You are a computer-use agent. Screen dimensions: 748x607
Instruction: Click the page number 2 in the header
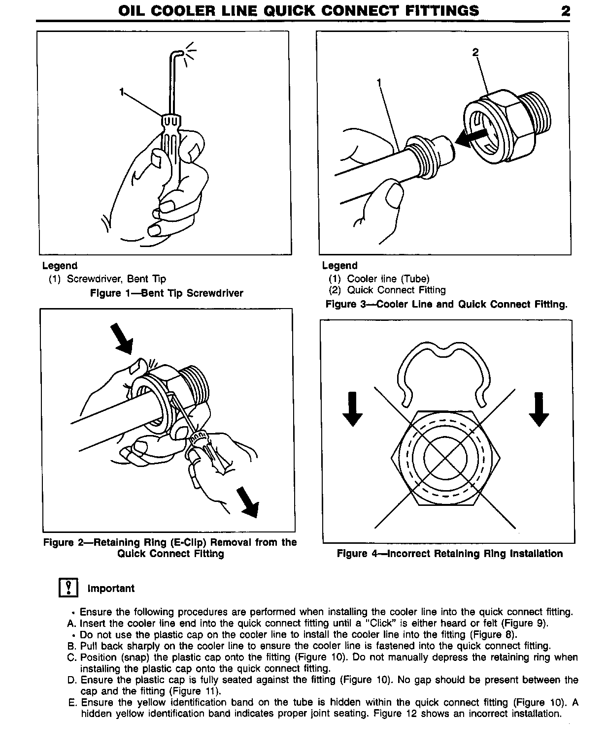[x=566, y=11]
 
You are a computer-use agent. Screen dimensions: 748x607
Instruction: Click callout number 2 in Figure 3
[x=475, y=52]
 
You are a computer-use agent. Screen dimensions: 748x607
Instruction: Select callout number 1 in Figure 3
[x=379, y=83]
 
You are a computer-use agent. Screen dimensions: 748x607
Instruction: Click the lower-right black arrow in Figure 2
[x=247, y=502]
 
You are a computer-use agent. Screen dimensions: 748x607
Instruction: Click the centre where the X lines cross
[x=445, y=459]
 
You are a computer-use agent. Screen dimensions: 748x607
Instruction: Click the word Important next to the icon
[x=111, y=589]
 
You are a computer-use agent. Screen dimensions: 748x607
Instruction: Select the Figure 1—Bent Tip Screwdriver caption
[x=167, y=293]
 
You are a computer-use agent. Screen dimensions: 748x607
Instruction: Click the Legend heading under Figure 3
[x=339, y=266]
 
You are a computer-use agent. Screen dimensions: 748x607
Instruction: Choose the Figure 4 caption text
[x=449, y=554]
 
